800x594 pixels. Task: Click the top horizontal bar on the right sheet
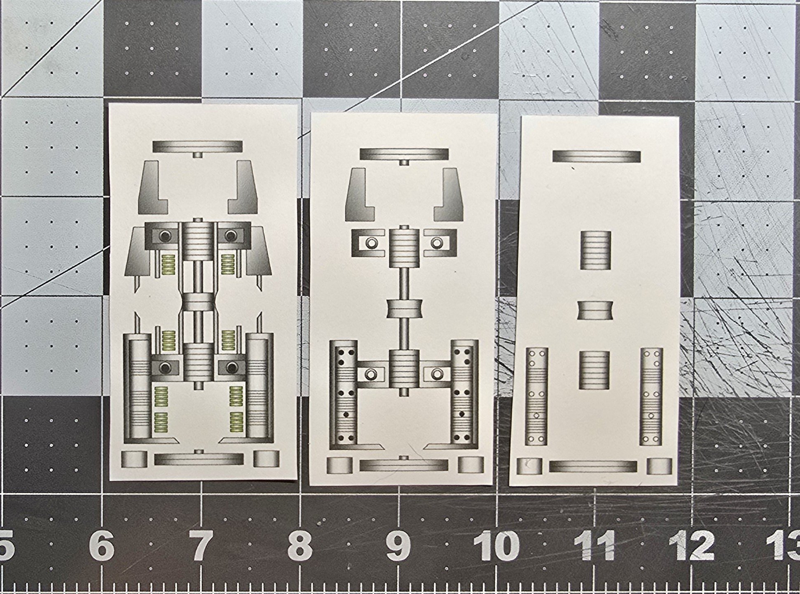(x=596, y=157)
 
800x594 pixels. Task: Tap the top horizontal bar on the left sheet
(x=197, y=146)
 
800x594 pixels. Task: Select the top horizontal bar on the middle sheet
(x=404, y=154)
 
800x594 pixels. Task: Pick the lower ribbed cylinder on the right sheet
(x=594, y=370)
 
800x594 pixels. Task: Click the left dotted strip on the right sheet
(x=537, y=396)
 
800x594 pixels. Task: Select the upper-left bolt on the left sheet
(x=165, y=236)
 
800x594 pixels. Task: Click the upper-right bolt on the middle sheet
(x=437, y=243)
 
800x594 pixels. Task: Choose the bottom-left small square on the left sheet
(x=134, y=459)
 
